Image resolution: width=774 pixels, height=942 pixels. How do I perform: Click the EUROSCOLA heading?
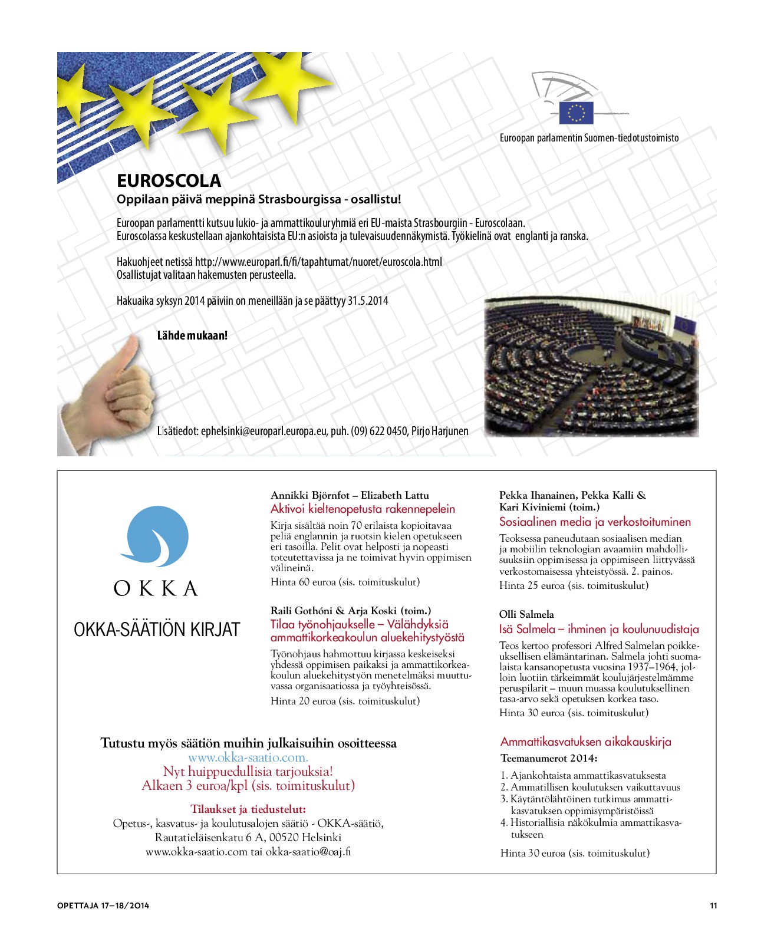pyautogui.click(x=169, y=180)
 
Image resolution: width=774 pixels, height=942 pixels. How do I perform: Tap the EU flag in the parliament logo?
pyautogui.click(x=575, y=113)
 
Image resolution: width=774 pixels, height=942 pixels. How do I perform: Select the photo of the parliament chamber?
pyautogui.click(x=591, y=367)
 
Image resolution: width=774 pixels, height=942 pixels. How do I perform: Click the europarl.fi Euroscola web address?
pyautogui.click(x=318, y=262)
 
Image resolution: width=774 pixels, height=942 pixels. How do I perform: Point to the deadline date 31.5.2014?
pyautogui.click(x=368, y=301)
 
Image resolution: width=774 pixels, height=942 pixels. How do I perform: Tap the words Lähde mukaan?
pyautogui.click(x=192, y=335)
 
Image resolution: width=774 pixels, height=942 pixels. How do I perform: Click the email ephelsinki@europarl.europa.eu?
pyautogui.click(x=264, y=431)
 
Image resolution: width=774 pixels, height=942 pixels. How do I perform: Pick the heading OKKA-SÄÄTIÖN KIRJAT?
pyautogui.click(x=157, y=630)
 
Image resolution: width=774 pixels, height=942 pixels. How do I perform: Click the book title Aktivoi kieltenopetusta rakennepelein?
pyautogui.click(x=363, y=509)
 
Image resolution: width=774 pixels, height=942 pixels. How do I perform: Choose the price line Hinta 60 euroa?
pyautogui.click(x=345, y=582)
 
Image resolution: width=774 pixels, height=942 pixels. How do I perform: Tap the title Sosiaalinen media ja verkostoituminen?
pyautogui.click(x=595, y=522)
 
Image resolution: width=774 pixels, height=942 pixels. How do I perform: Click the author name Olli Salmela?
pyautogui.click(x=526, y=614)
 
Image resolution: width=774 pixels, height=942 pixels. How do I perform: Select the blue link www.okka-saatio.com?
pyautogui.click(x=248, y=757)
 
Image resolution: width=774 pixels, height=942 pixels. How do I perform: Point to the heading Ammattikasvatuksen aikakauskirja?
pyautogui.click(x=586, y=742)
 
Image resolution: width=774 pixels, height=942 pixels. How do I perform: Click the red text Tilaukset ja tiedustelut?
pyautogui.click(x=248, y=809)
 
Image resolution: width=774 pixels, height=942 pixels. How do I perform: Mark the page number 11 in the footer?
pyautogui.click(x=713, y=905)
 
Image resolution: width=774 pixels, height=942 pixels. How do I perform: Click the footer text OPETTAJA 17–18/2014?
pyautogui.click(x=103, y=905)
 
